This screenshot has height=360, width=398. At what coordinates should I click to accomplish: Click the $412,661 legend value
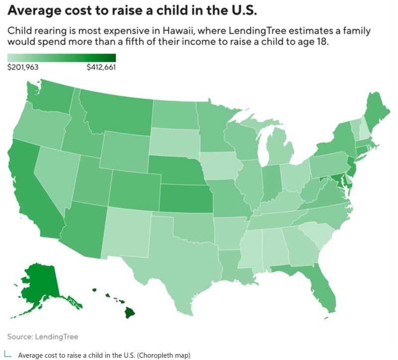[x=100, y=68]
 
